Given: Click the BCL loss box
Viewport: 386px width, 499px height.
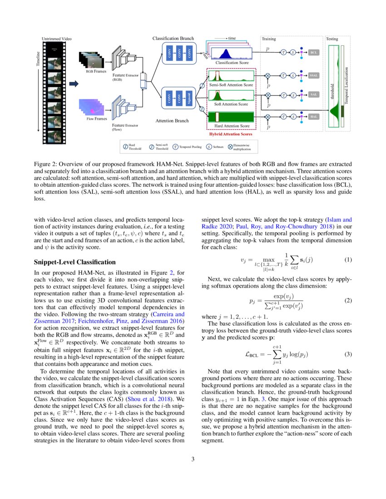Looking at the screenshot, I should pos(314,53).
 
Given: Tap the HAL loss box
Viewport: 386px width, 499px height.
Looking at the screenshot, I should pos(314,117).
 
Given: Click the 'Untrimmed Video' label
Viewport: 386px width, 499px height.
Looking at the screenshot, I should pos(57,39).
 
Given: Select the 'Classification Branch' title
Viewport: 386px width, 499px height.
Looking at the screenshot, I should pos(173,39).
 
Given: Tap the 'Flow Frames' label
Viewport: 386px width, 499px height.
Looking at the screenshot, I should pos(97,119).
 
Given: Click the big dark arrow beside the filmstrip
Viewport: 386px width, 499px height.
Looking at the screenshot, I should pos(74,83).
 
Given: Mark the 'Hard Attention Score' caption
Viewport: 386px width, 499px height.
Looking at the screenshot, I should pos(232,126).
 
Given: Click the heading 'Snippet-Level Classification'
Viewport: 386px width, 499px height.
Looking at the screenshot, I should pos(75,262).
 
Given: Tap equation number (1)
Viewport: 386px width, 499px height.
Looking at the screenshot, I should pos(348,260).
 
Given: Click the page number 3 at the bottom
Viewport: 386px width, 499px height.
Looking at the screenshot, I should pos(193,459).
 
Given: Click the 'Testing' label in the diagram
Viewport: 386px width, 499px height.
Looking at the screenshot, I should pos(332,39).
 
